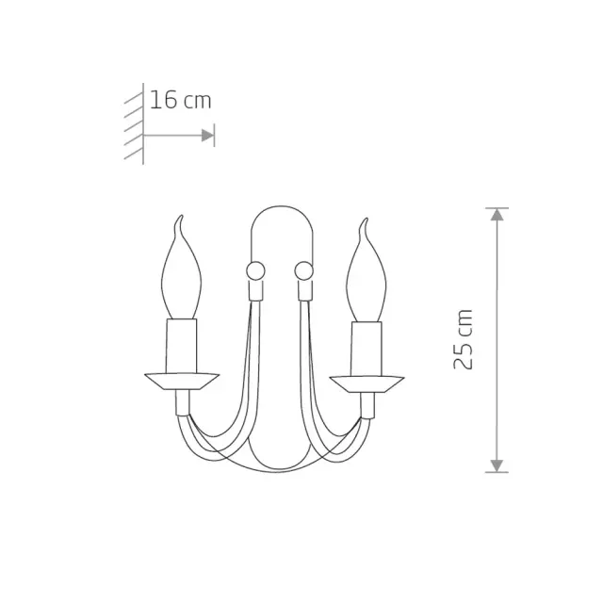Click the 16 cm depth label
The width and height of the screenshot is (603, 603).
pos(180,100)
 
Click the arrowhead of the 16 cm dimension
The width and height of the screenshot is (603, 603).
pos(207,136)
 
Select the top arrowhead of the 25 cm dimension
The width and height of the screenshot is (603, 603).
pos(497,214)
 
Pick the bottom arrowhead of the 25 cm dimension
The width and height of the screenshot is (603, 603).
pos(497,465)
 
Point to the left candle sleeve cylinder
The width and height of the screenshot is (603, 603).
pos(181,346)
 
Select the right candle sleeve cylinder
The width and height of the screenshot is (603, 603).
pos(367,350)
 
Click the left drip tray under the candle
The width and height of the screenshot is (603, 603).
pos(182,382)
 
